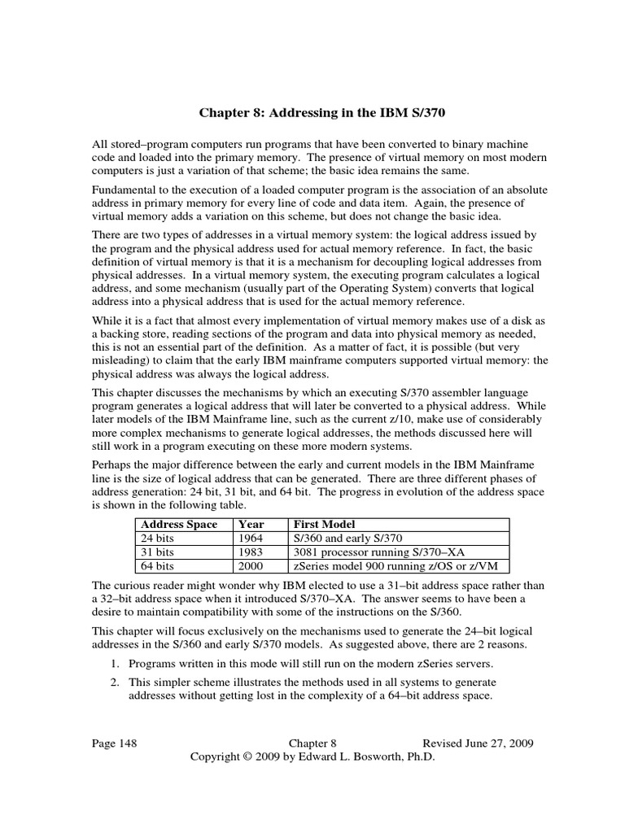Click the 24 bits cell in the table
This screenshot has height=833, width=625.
tap(157, 538)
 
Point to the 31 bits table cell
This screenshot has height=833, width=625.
tap(157, 551)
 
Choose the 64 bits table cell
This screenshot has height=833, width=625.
tap(157, 565)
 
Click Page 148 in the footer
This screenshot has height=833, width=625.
tap(114, 744)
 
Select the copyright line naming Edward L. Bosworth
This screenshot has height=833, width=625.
tap(312, 757)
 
